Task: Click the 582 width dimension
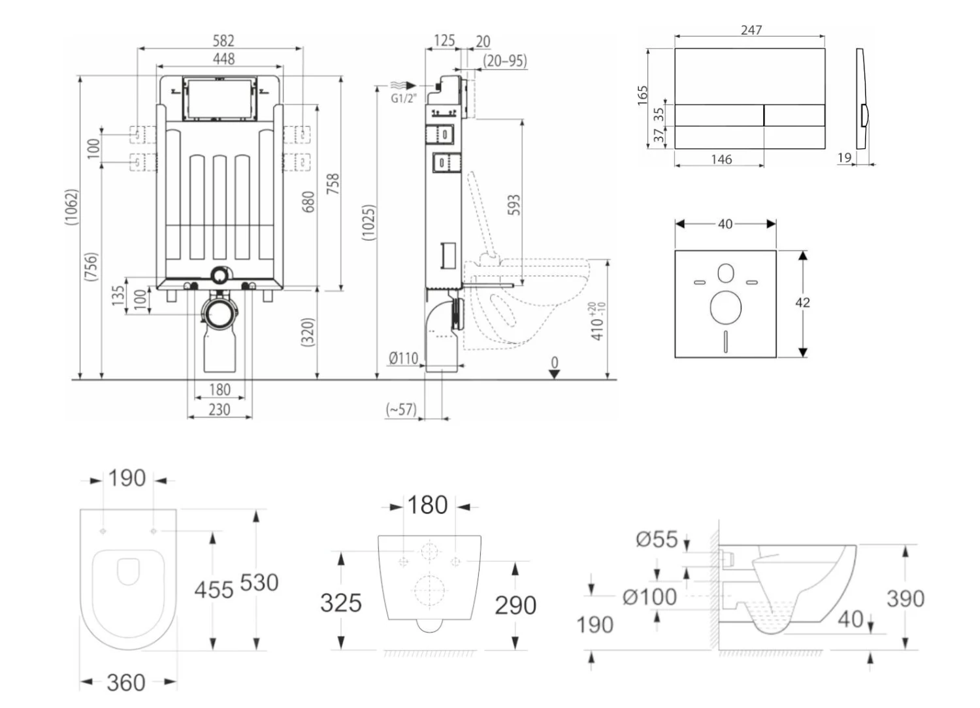(x=223, y=40)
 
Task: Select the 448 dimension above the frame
(x=223, y=59)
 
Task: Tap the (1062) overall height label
(x=72, y=207)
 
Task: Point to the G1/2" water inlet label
(x=403, y=99)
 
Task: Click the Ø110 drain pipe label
(x=403, y=358)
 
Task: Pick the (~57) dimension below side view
(x=401, y=410)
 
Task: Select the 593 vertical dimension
(x=514, y=204)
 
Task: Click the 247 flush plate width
(x=751, y=30)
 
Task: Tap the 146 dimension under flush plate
(x=721, y=159)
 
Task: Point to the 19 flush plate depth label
(x=844, y=157)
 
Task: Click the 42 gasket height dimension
(x=802, y=302)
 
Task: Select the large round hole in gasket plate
(x=725, y=306)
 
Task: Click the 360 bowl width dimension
(x=126, y=683)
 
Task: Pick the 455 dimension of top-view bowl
(x=214, y=590)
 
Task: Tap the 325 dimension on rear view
(x=340, y=602)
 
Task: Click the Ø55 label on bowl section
(x=657, y=539)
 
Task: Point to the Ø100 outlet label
(x=649, y=596)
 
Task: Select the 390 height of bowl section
(x=905, y=598)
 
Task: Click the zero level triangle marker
(x=554, y=374)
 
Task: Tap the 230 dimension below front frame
(x=219, y=410)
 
